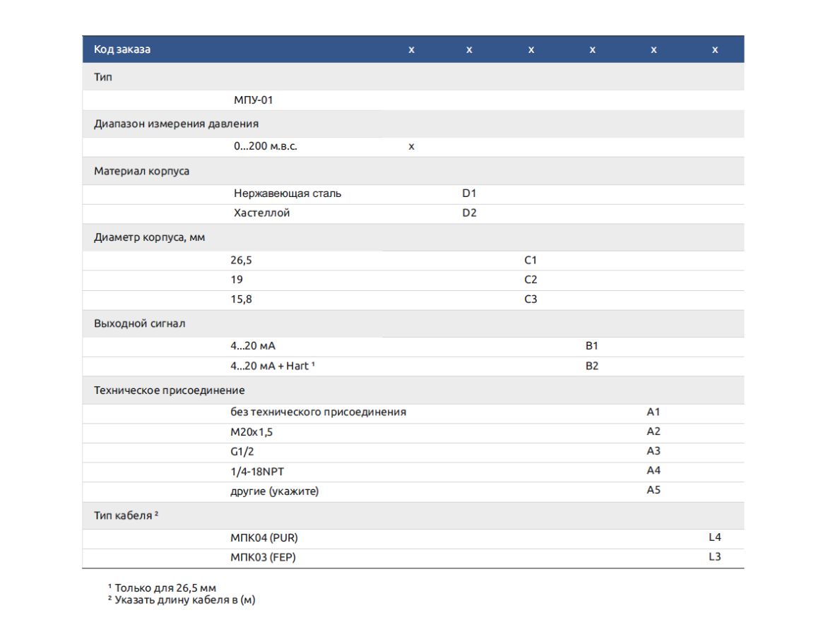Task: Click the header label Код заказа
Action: click(122, 49)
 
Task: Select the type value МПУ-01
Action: click(253, 100)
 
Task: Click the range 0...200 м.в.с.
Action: click(265, 146)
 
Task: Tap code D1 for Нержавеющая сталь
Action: click(468, 193)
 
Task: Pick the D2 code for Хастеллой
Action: click(468, 213)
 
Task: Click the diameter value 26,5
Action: click(241, 261)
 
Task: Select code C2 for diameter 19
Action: click(530, 280)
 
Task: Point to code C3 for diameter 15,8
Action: click(530, 299)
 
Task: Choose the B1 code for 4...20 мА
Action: click(591, 346)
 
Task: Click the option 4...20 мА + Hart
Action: click(272, 366)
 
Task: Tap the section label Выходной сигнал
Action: click(140, 323)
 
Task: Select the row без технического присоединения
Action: click(318, 412)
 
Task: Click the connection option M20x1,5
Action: click(251, 432)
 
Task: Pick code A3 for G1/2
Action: click(653, 450)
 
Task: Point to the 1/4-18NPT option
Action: click(257, 471)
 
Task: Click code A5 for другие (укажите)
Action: click(653, 490)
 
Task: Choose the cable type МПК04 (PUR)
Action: click(264, 538)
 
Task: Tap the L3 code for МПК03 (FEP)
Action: click(714, 556)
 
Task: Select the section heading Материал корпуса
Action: click(141, 171)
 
